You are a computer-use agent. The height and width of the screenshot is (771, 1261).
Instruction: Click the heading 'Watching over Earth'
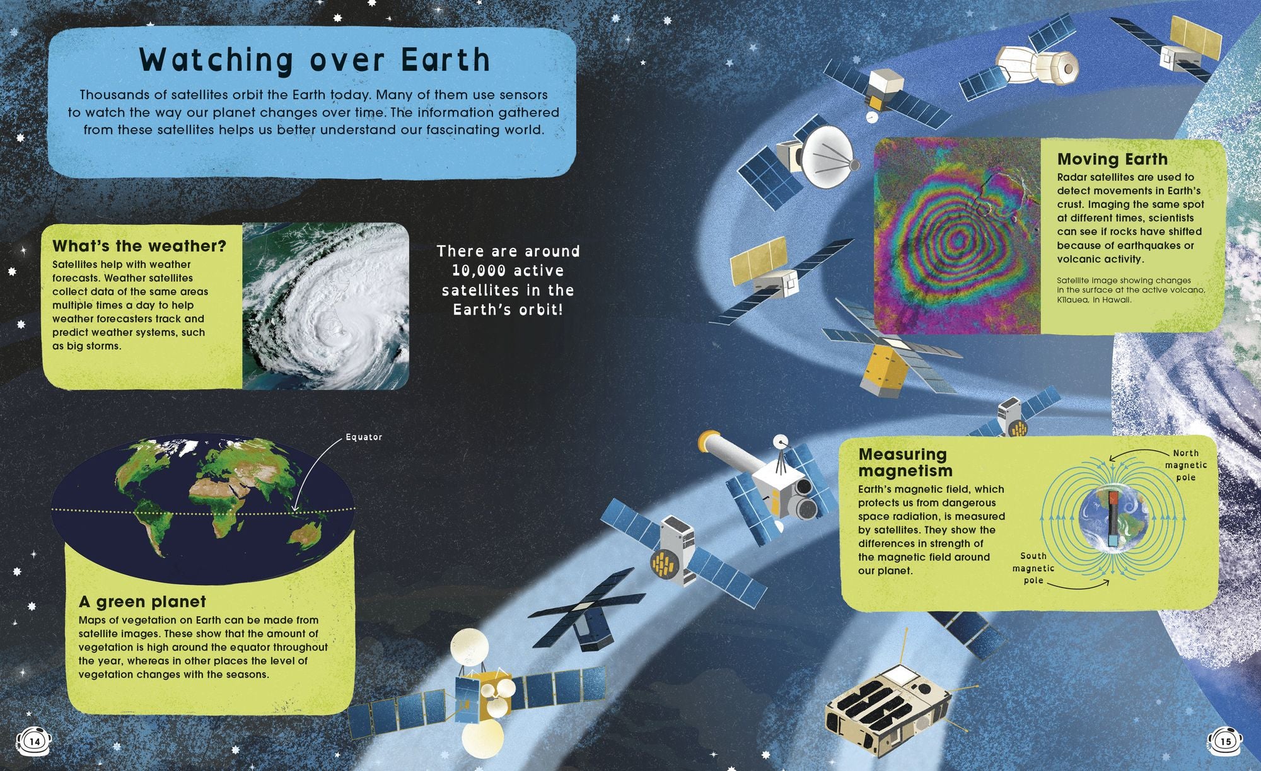coord(315,60)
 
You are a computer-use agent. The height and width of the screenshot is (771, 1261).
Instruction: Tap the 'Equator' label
coord(364,437)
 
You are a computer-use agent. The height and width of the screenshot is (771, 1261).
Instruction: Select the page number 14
coord(35,741)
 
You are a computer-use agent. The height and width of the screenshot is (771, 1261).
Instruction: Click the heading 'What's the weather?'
coord(139,246)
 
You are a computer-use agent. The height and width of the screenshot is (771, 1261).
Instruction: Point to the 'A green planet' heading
coord(142,602)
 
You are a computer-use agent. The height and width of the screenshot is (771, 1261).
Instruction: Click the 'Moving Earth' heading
coord(1112,159)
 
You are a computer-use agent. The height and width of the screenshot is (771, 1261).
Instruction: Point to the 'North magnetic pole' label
coord(1185,465)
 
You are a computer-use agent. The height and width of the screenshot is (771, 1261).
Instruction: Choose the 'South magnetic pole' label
coord(1033,568)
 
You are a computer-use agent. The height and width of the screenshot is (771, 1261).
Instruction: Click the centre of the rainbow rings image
coord(958,239)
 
